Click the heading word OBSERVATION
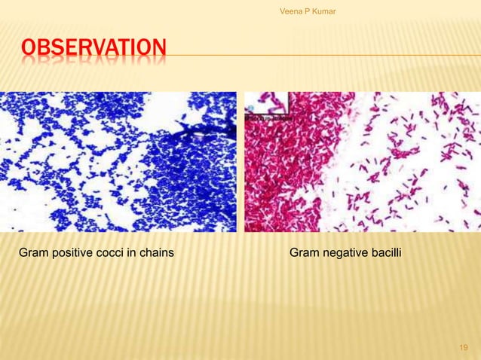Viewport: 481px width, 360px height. coord(91,51)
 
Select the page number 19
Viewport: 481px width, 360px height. coord(464,347)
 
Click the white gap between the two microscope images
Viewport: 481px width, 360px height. coord(240,161)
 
